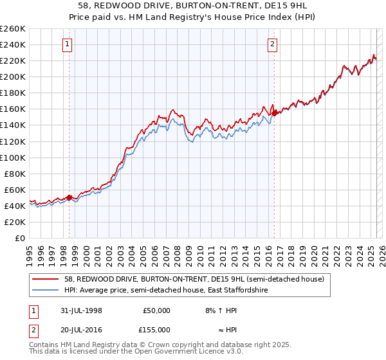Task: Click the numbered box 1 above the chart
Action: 68,44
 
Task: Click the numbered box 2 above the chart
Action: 273,44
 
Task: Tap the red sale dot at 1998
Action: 69,198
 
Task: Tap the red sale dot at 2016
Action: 275,113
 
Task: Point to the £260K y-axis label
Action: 13,29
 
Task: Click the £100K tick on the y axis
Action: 13,157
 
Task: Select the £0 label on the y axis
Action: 20,238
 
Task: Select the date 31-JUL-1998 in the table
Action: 78,310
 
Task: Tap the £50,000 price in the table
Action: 156,310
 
